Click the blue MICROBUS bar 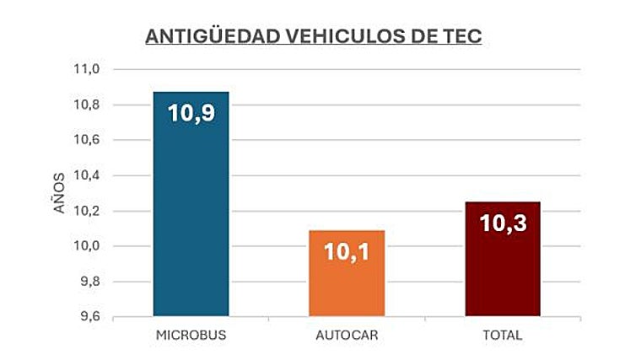191,219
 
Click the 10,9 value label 191,113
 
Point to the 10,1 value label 347,251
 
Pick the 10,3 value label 503,223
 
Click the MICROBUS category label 191,336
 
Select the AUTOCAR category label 347,336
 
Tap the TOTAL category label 503,336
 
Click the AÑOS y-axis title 59,193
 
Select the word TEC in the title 462,37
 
